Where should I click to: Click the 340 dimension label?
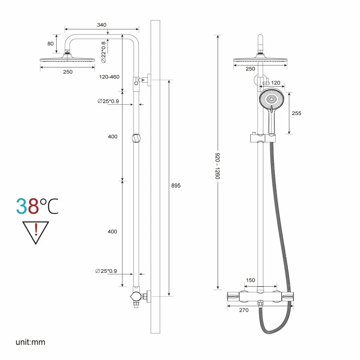coord(101,25)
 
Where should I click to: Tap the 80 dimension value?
coord(50,43)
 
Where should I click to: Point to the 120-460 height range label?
coord(109,77)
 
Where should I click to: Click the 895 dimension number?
coord(176,185)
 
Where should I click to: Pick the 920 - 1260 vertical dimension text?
coord(217,166)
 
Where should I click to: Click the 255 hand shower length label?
coord(296,113)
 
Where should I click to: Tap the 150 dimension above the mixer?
coord(250,280)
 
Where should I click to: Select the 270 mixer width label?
coord(244,310)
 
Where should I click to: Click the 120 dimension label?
coord(276,83)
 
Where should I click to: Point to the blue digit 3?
coord(22,206)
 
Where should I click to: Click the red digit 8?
coord(34,206)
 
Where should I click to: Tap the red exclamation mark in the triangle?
coord(36,229)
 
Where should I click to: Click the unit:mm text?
coord(31,342)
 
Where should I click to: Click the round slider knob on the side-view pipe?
coord(136,138)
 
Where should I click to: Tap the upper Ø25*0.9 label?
coord(108,101)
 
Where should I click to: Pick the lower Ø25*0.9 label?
coord(106,271)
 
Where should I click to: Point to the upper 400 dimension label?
coord(113,136)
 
